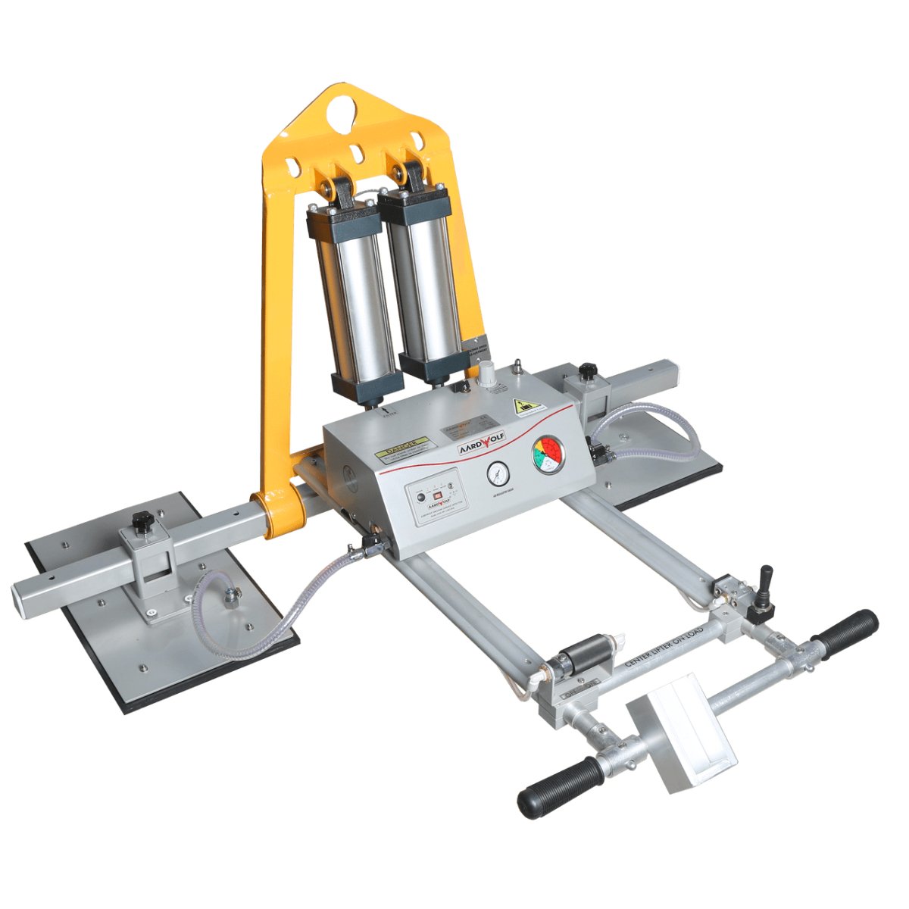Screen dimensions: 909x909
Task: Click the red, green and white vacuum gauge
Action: point(548,454)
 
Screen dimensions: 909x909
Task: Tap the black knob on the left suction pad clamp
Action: point(141,521)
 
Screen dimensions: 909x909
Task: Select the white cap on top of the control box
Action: point(485,373)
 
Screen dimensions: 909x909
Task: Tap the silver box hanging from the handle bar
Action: point(681,732)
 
